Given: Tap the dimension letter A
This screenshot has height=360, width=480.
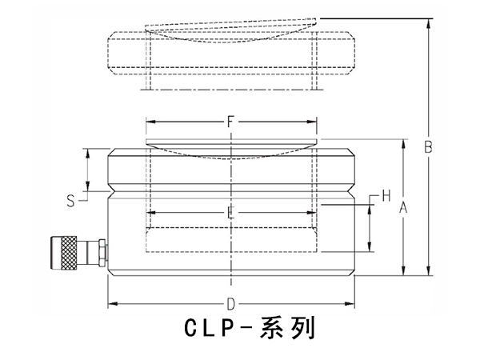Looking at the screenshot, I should point(403,207).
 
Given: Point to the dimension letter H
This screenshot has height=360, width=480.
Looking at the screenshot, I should point(386,195).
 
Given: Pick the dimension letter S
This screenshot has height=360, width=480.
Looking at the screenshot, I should point(70,201).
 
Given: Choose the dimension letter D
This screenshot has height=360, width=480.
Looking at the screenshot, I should point(230,304).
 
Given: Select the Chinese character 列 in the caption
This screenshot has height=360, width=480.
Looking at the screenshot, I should point(303,330).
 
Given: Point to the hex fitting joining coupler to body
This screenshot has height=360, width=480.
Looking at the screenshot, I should point(99,252).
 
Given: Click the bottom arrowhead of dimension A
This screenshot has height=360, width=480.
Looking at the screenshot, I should point(403,273).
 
